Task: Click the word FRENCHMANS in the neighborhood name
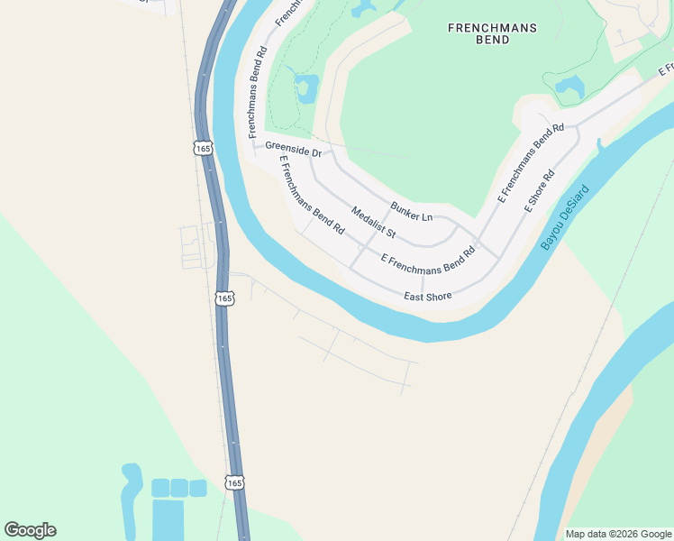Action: point(492,28)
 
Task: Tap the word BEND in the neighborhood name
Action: point(492,41)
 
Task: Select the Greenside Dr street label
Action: point(293,149)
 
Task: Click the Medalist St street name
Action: point(374,222)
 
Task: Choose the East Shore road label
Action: point(427,296)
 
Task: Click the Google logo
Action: point(30,530)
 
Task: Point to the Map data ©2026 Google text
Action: point(617,534)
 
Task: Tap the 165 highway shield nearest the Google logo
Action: point(234,483)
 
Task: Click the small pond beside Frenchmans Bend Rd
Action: point(305,88)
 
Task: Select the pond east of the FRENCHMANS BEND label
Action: point(569,87)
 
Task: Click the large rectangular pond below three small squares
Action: point(168,520)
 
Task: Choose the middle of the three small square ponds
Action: point(179,488)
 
